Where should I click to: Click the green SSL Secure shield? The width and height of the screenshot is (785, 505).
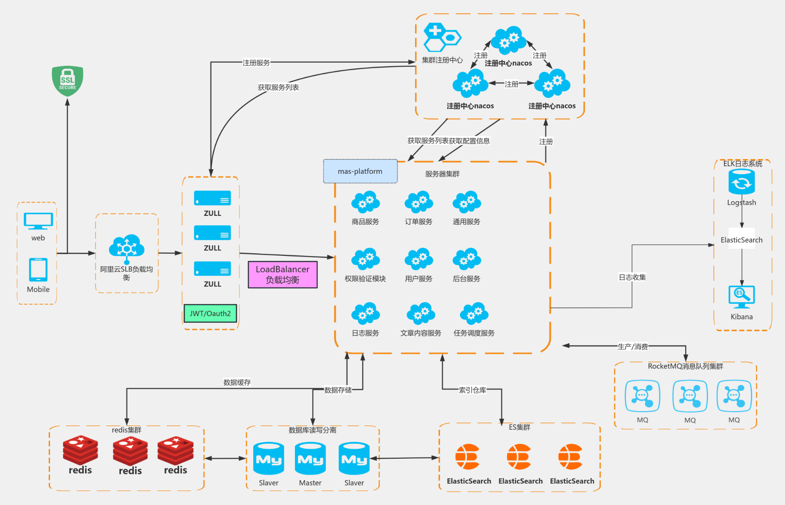(x=67, y=81)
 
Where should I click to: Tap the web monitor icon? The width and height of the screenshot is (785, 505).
(x=38, y=221)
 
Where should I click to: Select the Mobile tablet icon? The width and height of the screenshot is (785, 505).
(x=38, y=269)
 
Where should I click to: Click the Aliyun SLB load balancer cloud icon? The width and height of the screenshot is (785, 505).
(x=127, y=248)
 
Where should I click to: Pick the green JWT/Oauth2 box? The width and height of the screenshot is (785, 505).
(x=210, y=314)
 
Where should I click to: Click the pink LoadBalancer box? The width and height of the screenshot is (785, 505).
(x=283, y=274)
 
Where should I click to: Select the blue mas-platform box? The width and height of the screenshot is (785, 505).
(x=360, y=171)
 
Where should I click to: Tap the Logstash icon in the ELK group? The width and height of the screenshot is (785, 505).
(x=742, y=182)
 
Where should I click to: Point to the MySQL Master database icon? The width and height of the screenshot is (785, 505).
(x=310, y=459)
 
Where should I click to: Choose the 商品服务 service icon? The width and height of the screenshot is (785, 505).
(x=366, y=202)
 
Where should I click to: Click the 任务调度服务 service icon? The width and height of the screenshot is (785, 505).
(x=474, y=314)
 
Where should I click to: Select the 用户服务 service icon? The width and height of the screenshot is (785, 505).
(x=419, y=259)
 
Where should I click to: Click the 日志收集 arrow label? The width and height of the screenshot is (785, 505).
(x=632, y=277)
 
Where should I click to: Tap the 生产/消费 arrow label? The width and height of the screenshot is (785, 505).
(x=633, y=347)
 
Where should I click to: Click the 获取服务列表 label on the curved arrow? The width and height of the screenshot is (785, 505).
(x=278, y=88)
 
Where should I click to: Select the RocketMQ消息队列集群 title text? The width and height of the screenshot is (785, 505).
(x=685, y=366)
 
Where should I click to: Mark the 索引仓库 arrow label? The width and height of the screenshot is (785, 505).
(x=472, y=390)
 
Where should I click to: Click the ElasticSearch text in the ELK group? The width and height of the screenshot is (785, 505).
(x=742, y=240)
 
